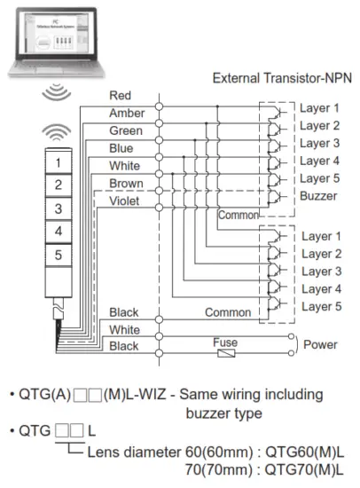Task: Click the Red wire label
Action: [x=120, y=95]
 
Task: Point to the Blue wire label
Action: [x=121, y=148]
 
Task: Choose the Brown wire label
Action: [x=124, y=183]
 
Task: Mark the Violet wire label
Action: [x=124, y=201]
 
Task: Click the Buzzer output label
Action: [x=318, y=196]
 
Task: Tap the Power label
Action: [x=321, y=345]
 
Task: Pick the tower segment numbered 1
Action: [x=58, y=162]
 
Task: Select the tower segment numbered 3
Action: [x=58, y=209]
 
